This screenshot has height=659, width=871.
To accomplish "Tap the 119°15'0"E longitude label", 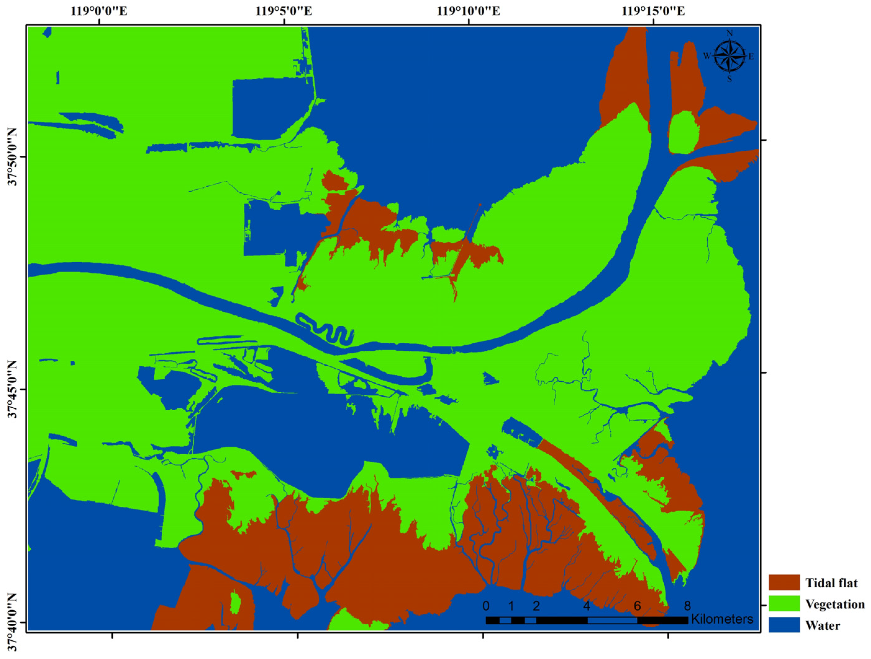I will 653,11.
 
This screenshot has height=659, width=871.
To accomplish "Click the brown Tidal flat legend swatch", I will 784,582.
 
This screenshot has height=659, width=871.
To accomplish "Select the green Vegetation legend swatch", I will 784,603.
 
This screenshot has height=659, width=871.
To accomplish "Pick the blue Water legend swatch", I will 784,625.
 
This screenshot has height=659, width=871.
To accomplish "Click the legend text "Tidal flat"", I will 831,583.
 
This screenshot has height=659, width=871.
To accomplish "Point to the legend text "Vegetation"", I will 835,604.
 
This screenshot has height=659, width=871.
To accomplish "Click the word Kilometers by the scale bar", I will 722,619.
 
